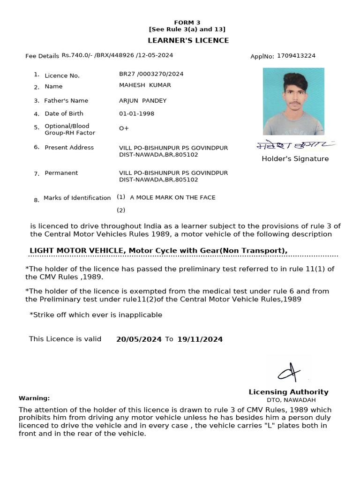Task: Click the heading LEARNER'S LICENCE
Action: [x=188, y=40]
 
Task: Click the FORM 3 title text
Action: [x=187, y=22]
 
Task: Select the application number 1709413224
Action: [x=296, y=56]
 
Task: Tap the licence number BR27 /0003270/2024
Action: [x=151, y=74]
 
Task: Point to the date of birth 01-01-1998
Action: [x=136, y=113]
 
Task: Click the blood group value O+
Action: [x=124, y=128]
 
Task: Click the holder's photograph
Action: [x=293, y=101]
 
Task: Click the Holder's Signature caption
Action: [x=295, y=159]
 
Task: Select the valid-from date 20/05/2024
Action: [x=139, y=339]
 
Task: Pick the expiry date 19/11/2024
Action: [x=200, y=339]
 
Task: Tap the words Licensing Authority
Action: [x=288, y=392]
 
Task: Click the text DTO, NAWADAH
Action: [x=291, y=400]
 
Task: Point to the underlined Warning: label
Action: [x=34, y=398]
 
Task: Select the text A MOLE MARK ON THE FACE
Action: [x=172, y=197]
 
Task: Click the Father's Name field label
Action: [x=66, y=101]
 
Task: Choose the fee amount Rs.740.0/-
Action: [x=77, y=55]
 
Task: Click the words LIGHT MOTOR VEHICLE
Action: [x=77, y=250]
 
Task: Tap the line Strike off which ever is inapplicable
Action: [x=97, y=315]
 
